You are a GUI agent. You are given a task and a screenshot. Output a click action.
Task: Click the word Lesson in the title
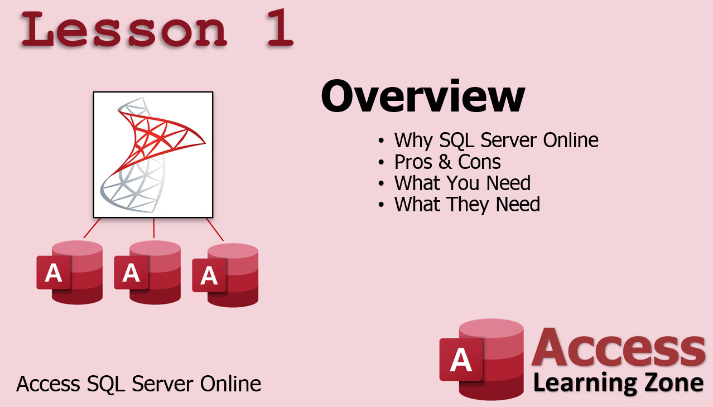coord(124,30)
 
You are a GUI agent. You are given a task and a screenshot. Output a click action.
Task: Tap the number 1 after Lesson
coord(280,28)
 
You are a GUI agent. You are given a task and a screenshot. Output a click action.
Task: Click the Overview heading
coord(423,96)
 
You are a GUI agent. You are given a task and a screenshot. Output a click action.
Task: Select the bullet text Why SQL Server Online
coord(496,140)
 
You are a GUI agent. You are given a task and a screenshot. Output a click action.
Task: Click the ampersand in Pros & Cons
coord(445,162)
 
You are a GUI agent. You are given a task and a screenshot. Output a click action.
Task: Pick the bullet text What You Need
coord(463,183)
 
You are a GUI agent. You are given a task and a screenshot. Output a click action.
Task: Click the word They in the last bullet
coord(468,205)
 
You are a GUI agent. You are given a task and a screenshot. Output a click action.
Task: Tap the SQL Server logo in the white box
coord(153,154)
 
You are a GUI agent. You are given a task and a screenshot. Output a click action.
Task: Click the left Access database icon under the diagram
coord(70,273)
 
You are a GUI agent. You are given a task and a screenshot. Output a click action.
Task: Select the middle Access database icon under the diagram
coord(147,273)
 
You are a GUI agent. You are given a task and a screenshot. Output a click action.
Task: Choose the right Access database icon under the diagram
coord(225,275)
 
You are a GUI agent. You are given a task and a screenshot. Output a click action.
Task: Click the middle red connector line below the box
coord(154,228)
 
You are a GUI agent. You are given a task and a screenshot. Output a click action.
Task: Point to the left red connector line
coord(92,228)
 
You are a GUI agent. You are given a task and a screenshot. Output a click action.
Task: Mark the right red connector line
coord(215,229)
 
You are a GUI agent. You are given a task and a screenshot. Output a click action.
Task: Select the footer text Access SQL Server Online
coord(139,384)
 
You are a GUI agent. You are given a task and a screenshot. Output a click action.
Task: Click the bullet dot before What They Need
coord(382,205)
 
